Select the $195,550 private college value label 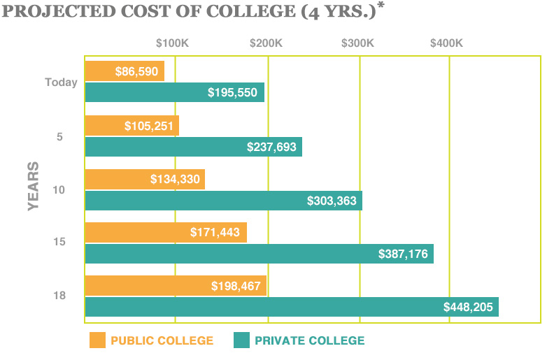pos(233,92)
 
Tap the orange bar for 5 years pos(132,126)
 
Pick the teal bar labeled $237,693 pos(193,147)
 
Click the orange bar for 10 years pos(145,180)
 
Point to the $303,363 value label pos(332,201)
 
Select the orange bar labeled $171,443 pos(166,233)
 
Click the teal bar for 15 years pos(259,254)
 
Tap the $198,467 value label pos(236,286)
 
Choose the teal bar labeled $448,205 pos(292,307)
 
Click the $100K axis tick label pos(172,43)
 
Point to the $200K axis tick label pos(266,43)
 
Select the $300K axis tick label pos(358,43)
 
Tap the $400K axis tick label pos(447,43)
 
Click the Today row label pos(61,82)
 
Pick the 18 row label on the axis pos(61,296)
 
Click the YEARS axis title pos(34,187)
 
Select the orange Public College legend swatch pos(97,340)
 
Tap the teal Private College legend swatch pos(241,340)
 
